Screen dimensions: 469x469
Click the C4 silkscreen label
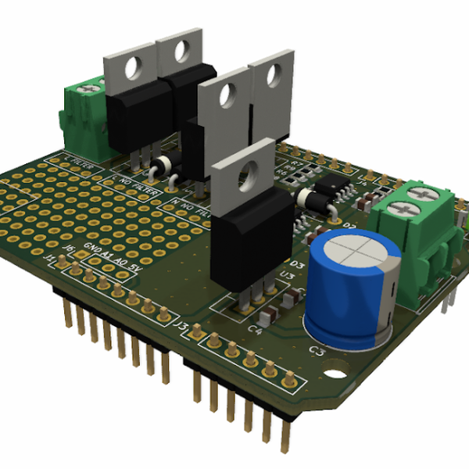coord(254,329)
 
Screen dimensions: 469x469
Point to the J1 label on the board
coord(51,258)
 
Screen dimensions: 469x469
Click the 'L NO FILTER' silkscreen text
coord(138,185)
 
